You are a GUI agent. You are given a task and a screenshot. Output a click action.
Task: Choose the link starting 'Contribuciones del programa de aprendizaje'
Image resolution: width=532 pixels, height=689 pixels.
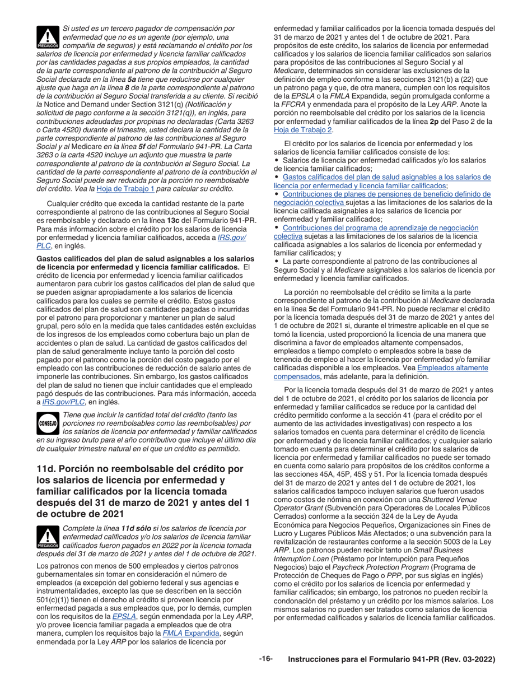pyautogui.click(x=381, y=228)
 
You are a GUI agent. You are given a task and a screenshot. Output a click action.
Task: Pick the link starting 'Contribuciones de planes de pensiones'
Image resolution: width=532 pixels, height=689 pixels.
pyautogui.click(x=386, y=194)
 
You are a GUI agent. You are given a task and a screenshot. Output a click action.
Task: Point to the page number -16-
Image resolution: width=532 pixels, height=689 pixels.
pyautogui.click(x=265, y=659)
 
